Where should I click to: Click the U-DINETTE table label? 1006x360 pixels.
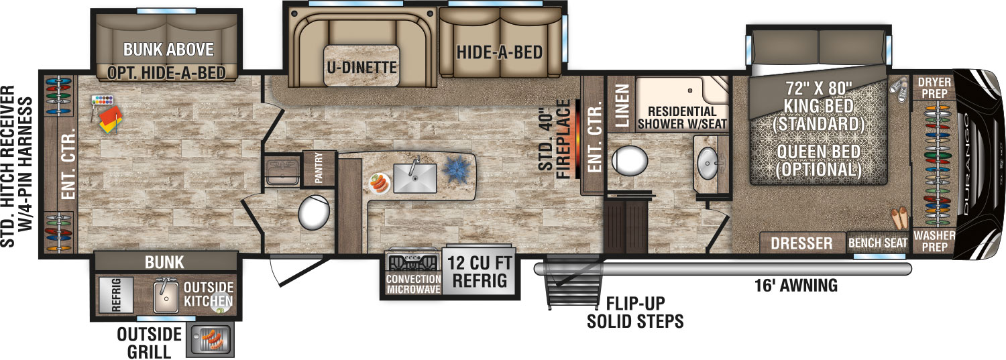361,67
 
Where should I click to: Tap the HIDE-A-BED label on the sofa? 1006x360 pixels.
500,52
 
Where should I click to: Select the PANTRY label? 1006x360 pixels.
319,168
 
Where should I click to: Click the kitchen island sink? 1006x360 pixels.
415,178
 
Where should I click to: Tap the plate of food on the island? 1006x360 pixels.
380,183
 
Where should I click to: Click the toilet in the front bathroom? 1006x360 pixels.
630,160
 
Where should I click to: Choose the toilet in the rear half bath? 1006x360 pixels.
313,213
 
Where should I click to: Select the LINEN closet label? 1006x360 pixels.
622,107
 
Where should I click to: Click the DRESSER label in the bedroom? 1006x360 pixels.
801,243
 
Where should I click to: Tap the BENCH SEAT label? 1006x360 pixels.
877,243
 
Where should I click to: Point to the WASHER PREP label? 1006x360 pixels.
934,241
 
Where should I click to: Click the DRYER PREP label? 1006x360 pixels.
934,88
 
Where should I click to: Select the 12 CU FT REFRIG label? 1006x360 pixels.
480,272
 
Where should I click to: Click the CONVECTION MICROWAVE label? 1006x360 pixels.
413,284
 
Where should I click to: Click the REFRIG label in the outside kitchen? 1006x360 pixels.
116,294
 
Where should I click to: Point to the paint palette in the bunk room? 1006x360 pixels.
103,101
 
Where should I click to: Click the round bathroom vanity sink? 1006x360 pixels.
708,164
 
